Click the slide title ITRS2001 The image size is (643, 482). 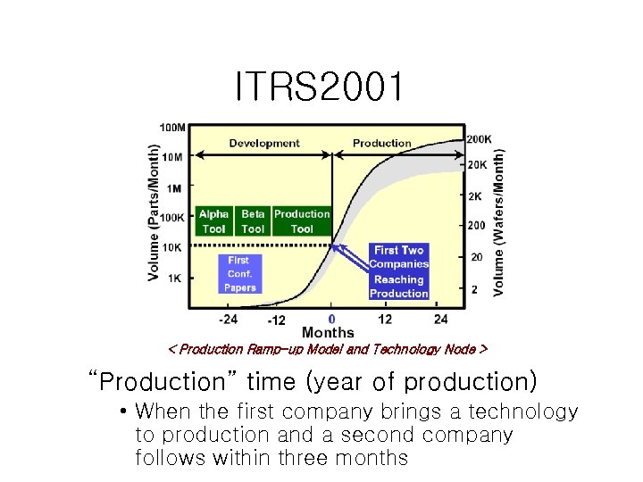pos(320,87)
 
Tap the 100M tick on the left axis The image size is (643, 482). pos(172,127)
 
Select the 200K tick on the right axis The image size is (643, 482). pos(479,140)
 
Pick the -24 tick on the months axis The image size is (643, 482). pos(229,319)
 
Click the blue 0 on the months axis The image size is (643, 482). pos(331,319)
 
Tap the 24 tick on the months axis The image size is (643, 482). pos(440,319)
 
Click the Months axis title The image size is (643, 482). pos(328,333)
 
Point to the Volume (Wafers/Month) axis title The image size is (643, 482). pos(498,221)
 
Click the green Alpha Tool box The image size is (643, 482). pos(214,221)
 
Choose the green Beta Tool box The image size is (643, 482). pos(254,221)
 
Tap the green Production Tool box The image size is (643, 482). pos(302,221)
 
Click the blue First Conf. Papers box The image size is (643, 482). pos(239,274)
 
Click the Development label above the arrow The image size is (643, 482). pos(264,143)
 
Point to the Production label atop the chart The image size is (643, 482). pos(382,143)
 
